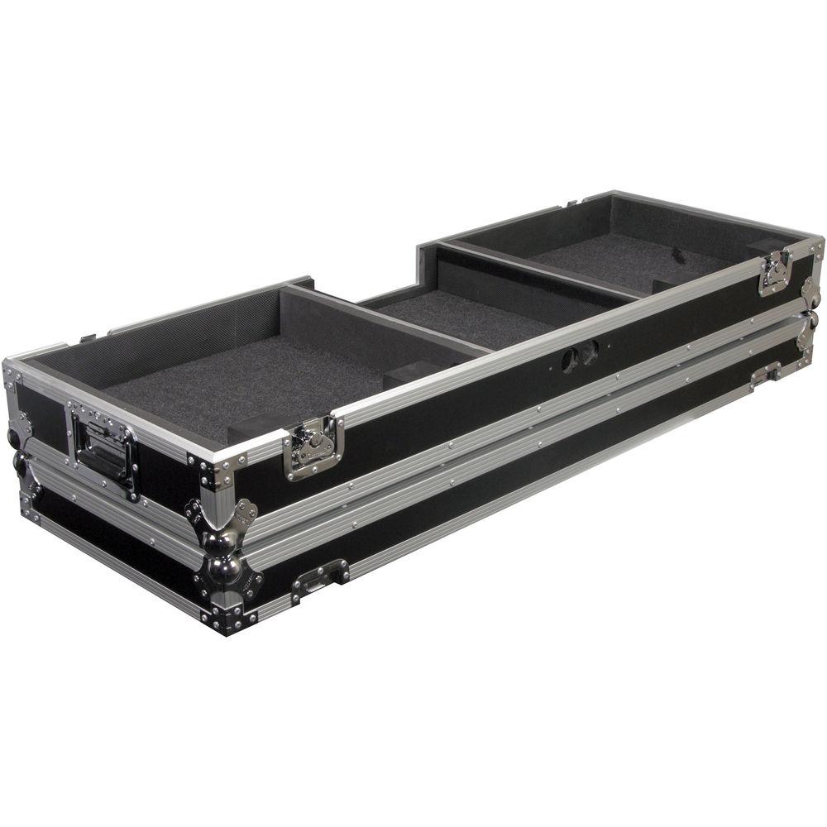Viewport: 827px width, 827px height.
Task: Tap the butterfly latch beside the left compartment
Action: [312, 446]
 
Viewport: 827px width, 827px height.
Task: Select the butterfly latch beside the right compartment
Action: [774, 272]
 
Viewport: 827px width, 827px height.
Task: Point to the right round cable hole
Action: [590, 351]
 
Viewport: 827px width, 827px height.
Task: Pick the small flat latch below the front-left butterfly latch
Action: [319, 576]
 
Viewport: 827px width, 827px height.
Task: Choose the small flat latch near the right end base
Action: [766, 373]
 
